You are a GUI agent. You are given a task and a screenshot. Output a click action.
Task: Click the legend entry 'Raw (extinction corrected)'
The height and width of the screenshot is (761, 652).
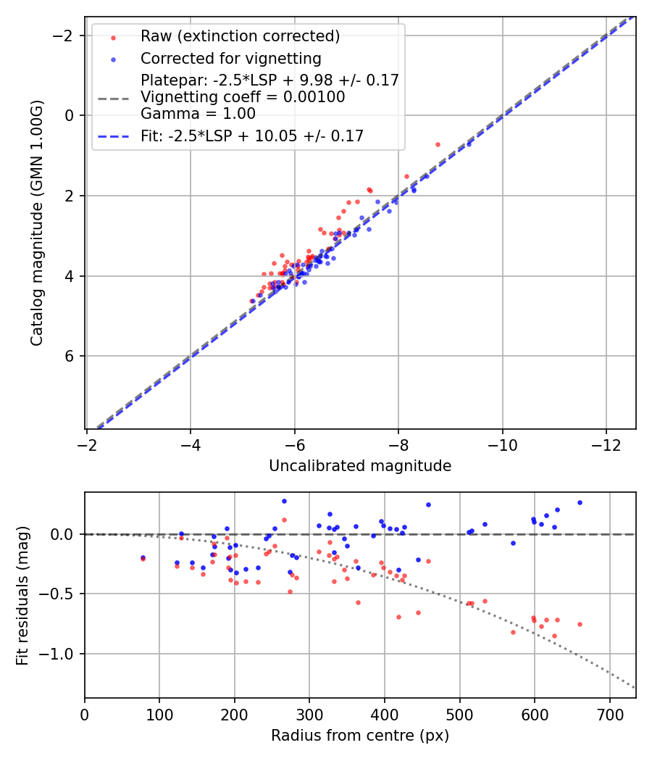240,36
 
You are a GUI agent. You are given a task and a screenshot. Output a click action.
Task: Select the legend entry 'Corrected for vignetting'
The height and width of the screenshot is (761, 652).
230,58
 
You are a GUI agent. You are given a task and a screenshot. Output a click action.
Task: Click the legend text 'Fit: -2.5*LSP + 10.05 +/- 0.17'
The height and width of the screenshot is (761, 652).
251,136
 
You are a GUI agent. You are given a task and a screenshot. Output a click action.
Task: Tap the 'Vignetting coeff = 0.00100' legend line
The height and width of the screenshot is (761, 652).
243,97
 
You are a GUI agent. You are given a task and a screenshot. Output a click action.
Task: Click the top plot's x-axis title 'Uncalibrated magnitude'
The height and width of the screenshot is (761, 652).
360,466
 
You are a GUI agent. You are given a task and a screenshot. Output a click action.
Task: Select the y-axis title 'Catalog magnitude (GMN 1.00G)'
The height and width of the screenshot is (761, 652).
37,223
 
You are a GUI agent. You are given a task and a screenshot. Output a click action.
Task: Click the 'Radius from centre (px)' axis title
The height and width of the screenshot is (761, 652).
360,736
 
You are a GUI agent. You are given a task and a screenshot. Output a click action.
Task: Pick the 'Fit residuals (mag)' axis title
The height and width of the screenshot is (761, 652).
22,595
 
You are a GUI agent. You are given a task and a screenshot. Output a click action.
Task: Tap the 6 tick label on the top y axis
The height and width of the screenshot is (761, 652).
70,356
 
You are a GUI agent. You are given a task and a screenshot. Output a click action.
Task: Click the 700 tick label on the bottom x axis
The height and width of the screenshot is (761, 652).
609,715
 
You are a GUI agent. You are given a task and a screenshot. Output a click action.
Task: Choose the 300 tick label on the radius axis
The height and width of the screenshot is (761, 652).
309,715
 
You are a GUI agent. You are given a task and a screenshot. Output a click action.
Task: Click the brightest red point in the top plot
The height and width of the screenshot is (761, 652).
438,144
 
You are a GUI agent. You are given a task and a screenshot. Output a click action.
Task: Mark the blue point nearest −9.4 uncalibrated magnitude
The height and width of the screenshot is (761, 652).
469,144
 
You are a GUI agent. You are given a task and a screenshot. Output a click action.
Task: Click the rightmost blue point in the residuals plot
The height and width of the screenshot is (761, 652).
580,502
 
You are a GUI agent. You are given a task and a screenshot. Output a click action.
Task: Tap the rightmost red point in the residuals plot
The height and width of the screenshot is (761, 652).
580,624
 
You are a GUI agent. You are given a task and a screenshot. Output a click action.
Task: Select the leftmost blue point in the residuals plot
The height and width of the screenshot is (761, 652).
143,557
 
